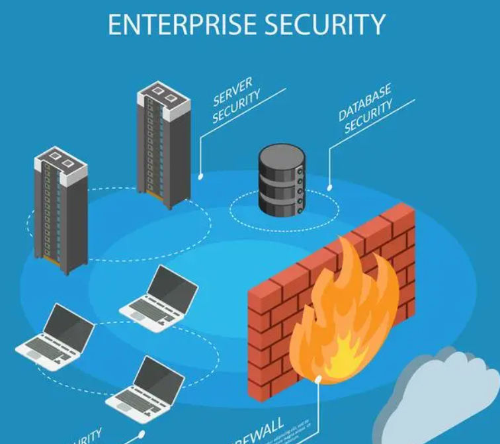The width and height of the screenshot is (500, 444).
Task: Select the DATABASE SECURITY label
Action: pos(366,109)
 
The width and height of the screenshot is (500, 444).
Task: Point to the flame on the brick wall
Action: pos(343,318)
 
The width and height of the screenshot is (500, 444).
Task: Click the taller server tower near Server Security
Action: pos(163,146)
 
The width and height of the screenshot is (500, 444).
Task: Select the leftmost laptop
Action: pos(56,337)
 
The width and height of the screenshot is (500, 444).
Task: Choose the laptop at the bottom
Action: pos(146,390)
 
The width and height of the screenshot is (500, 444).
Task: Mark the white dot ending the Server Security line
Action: pos(201,177)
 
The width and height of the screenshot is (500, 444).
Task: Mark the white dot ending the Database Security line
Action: pos(329,188)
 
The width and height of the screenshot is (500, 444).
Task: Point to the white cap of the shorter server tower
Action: pos(61,161)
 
